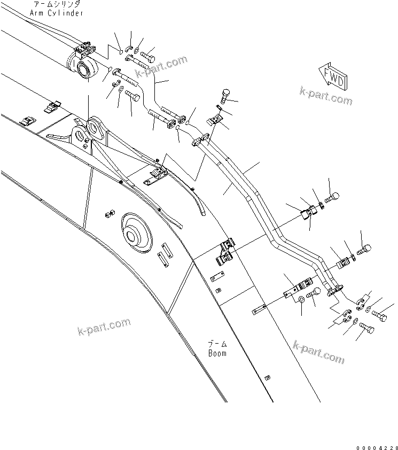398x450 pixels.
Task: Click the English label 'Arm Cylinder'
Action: point(63,13)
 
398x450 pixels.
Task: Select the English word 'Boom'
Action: point(217,353)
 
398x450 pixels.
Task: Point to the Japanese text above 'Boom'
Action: point(217,345)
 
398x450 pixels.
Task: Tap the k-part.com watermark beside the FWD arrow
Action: point(326,96)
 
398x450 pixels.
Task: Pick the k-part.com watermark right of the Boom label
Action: point(318,352)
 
